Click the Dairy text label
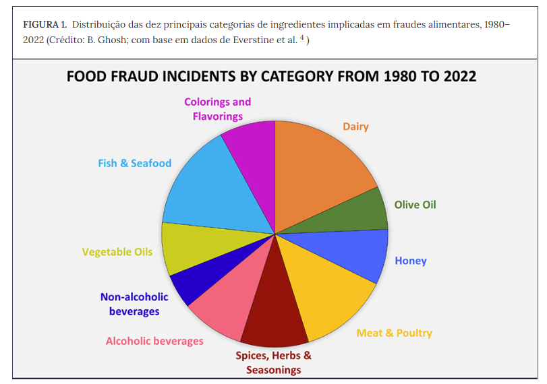pyautogui.click(x=355, y=127)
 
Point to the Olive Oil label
pyautogui.click(x=415, y=204)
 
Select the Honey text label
pyautogui.click(x=410, y=261)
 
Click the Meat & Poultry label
pyautogui.click(x=394, y=333)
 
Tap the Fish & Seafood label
pyautogui.click(x=134, y=163)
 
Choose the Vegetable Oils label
pyautogui.click(x=117, y=252)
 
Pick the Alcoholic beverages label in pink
pyautogui.click(x=154, y=341)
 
